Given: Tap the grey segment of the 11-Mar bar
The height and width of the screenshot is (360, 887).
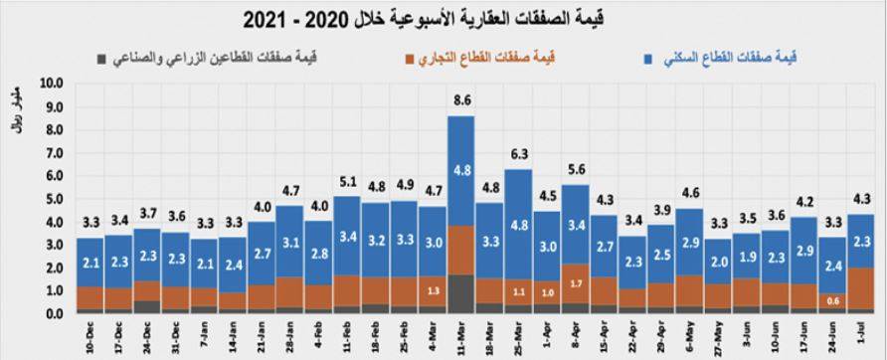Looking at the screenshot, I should [460, 294].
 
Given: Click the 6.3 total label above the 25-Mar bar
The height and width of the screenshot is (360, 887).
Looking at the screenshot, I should [518, 154].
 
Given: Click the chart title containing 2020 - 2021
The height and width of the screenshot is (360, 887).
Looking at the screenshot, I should [442, 17].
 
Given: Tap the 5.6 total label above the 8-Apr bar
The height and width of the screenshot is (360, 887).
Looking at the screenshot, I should [575, 170].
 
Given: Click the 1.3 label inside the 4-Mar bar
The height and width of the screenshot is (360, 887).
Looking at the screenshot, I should [432, 290].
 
